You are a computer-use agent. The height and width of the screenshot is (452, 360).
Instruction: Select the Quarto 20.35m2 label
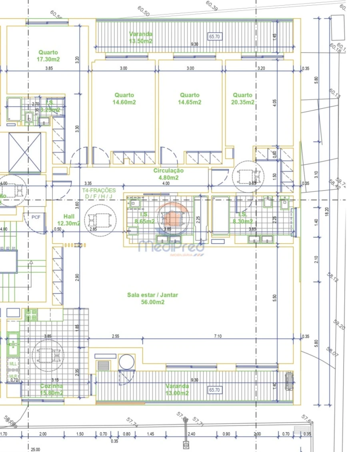[x=243, y=99]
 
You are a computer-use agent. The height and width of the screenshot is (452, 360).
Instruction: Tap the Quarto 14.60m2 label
[x=124, y=99]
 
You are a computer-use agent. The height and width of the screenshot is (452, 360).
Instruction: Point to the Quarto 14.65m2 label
[x=190, y=99]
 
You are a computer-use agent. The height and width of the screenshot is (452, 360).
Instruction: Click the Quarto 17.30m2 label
[x=48, y=56]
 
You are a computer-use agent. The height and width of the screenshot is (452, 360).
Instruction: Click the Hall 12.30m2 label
[x=68, y=220]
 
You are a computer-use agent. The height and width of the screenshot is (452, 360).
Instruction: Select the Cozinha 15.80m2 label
[x=52, y=390]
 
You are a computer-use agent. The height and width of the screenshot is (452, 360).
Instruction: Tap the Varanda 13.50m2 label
[x=140, y=38]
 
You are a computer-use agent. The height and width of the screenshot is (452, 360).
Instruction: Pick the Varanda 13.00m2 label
[x=178, y=390]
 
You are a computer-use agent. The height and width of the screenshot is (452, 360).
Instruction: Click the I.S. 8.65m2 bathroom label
[x=144, y=218]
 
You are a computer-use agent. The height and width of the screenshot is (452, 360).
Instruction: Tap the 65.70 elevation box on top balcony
[x=215, y=36]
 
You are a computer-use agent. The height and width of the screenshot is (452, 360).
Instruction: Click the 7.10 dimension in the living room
[x=218, y=337]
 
